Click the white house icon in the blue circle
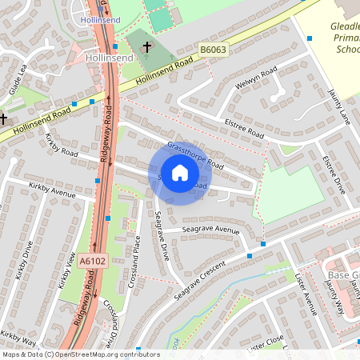(x=180, y=172)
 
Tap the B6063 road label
(x=214, y=50)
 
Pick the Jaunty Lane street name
(x=339, y=106)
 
